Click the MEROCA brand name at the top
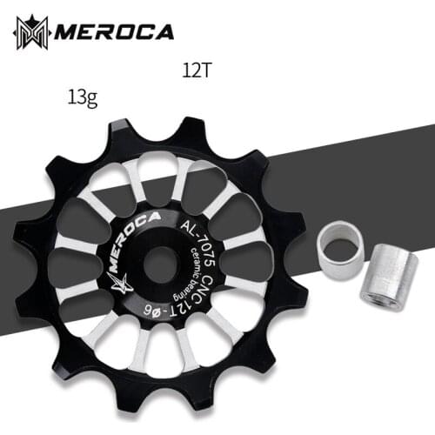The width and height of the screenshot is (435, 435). (x=114, y=32)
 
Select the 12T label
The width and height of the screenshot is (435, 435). (x=197, y=70)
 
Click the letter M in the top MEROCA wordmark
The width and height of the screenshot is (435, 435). (x=66, y=33)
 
